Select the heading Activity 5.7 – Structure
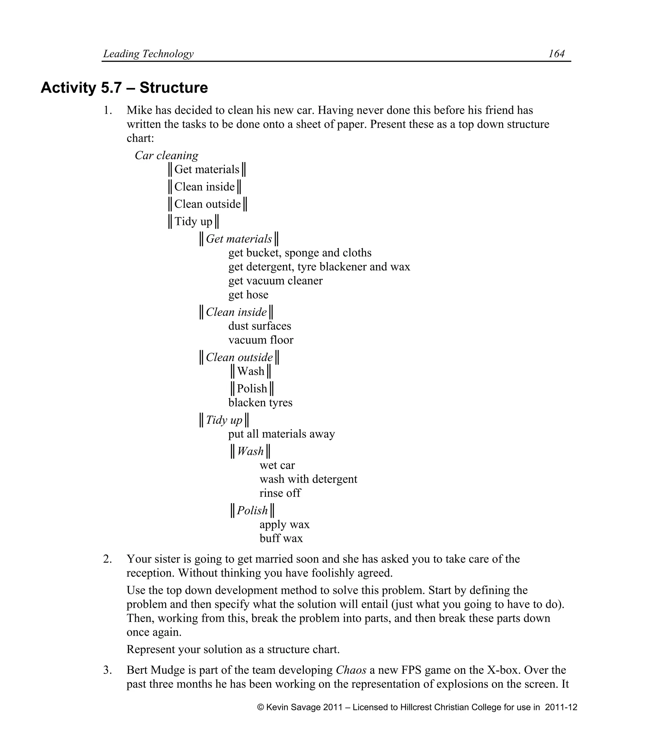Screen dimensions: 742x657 click(124, 88)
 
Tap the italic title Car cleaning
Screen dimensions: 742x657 click(166, 155)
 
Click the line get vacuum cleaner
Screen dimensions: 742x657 click(275, 280)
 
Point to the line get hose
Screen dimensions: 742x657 click(248, 294)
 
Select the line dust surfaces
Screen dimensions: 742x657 click(260, 326)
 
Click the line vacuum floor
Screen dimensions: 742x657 click(260, 340)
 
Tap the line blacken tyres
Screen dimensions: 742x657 click(260, 402)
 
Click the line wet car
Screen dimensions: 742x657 click(277, 465)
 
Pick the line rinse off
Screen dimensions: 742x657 click(280, 493)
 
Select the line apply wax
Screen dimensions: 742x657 click(285, 524)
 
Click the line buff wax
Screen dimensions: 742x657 click(281, 538)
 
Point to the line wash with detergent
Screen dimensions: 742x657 click(308, 479)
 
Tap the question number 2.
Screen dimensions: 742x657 click(107, 559)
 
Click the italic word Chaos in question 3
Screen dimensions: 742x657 click(351, 670)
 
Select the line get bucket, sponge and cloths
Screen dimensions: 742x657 click(300, 253)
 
